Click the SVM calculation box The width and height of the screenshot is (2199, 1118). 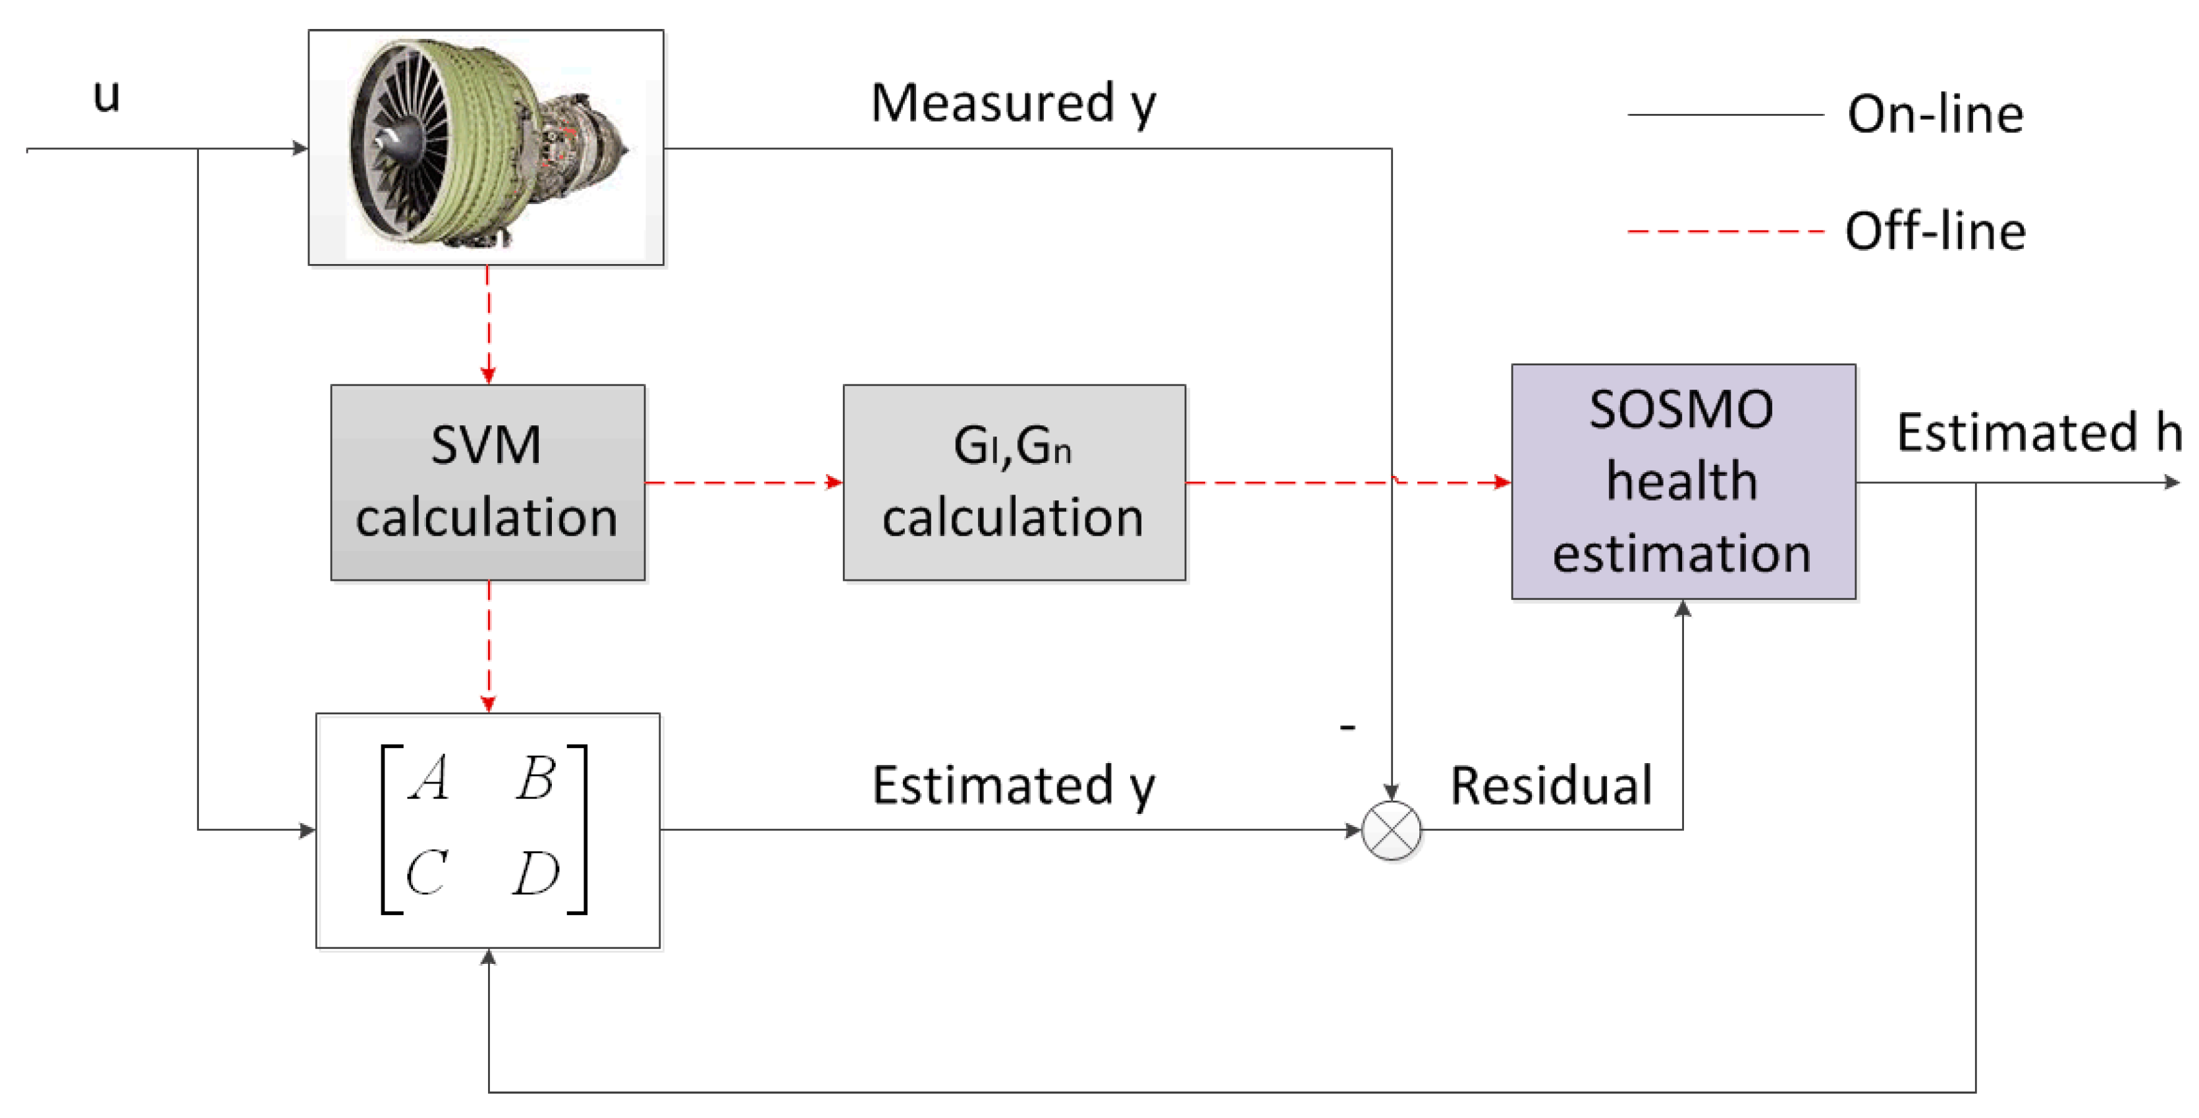coord(487,482)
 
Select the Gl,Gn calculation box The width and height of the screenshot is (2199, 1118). coord(1014,482)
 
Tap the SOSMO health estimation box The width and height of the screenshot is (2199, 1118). coord(1683,482)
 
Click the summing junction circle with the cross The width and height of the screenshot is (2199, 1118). coord(1392,830)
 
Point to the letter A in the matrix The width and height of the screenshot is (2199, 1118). coord(429,778)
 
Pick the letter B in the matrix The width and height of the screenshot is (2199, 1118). coord(536,778)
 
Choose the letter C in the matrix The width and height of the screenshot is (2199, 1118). coord(426,872)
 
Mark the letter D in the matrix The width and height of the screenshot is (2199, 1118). coord(536,873)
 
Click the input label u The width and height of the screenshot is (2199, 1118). coord(107,95)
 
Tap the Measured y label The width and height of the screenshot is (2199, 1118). coord(1014,104)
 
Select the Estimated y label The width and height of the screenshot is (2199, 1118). coord(1014,785)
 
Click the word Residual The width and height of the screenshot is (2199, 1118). coord(1551,785)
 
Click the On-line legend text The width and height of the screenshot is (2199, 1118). coord(1935,115)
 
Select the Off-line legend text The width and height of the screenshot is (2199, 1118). coord(1935,231)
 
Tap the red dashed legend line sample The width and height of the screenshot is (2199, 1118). coord(1724,231)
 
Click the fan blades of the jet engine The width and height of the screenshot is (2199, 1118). coord(401,141)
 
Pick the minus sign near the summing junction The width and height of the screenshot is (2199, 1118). coord(1347,727)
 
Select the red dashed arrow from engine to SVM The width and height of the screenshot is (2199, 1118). coord(487,325)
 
